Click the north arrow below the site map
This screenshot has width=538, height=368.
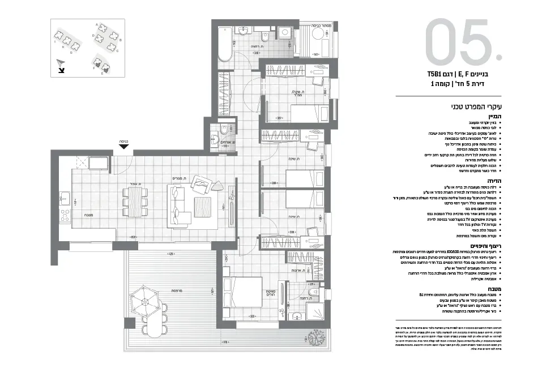click(x=61, y=67)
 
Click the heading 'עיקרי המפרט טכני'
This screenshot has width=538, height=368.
click(x=481, y=106)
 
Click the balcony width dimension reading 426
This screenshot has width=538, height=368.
click(x=169, y=254)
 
